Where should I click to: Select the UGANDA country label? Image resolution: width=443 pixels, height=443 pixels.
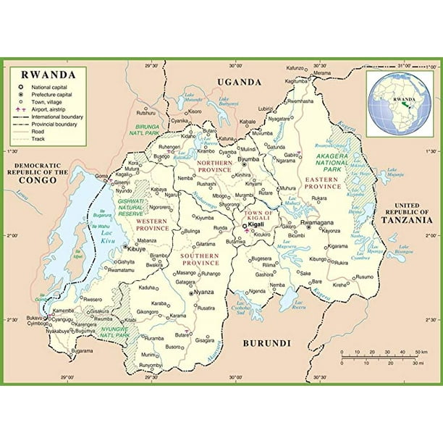(239, 83)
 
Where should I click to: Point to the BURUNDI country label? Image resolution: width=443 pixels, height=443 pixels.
(266, 342)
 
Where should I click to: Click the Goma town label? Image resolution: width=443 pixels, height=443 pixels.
(102, 176)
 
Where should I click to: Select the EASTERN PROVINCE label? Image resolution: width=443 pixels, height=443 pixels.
(321, 182)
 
